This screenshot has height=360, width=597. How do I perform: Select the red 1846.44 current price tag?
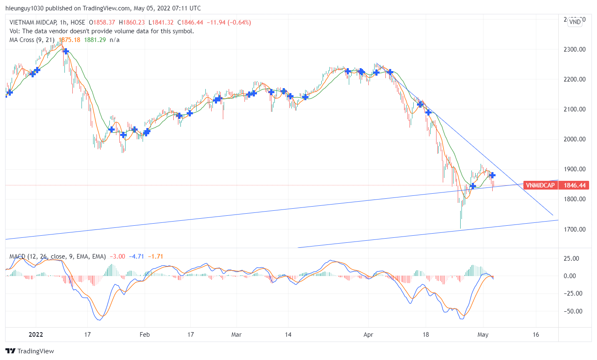pyautogui.click(x=575, y=185)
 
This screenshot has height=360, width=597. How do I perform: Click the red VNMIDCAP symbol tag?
pyautogui.click(x=540, y=185)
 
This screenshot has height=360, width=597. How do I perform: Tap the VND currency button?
pyautogui.click(x=575, y=22)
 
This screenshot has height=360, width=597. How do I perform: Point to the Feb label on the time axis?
pyautogui.click(x=145, y=335)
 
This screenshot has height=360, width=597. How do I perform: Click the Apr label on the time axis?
pyautogui.click(x=368, y=335)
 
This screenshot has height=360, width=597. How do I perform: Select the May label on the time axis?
pyautogui.click(x=483, y=335)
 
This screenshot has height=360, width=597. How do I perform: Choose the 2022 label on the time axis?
pyautogui.click(x=35, y=335)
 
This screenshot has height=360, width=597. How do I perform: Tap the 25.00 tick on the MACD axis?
pyautogui.click(x=572, y=258)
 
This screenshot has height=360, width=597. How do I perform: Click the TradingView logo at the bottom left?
pyautogui.click(x=30, y=351)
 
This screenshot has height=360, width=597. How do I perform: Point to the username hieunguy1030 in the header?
pyautogui.click(x=25, y=8)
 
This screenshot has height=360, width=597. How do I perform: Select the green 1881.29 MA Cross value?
pyautogui.click(x=95, y=40)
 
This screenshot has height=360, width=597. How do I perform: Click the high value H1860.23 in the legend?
pyautogui.click(x=132, y=22)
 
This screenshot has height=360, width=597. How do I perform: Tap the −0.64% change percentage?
pyautogui.click(x=238, y=22)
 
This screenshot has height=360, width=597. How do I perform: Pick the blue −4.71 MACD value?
pyautogui.click(x=136, y=256)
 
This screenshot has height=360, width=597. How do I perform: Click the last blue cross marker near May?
pyautogui.click(x=492, y=175)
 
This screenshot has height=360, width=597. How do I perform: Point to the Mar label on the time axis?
pyautogui.click(x=236, y=335)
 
